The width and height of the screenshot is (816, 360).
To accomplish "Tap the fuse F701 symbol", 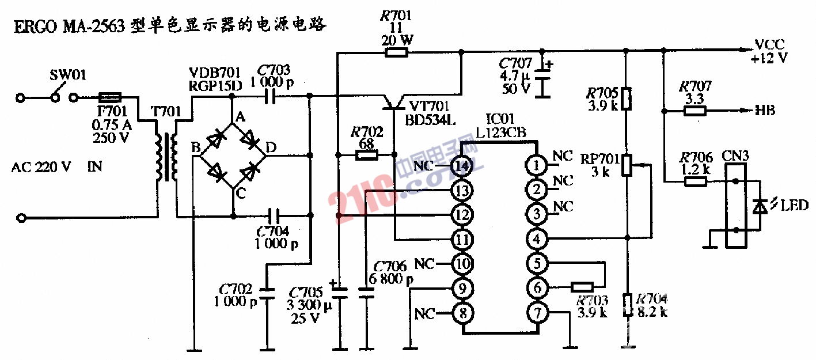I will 109,98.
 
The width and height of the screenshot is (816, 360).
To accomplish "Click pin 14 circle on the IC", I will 462,166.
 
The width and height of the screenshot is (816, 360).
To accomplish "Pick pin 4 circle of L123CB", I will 537,238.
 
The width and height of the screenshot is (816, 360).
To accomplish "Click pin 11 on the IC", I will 462,238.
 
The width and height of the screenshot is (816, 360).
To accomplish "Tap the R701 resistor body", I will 396,53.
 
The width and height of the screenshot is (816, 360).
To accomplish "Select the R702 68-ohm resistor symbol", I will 366,155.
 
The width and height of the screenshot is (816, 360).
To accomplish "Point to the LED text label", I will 795,206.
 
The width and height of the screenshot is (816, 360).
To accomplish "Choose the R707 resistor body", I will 695,111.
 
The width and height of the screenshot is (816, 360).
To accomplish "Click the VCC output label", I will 769,45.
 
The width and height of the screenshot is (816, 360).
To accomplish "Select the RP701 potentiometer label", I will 599,158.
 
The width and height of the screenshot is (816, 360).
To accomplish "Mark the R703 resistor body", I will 582,287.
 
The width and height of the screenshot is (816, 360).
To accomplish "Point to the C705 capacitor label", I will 306,292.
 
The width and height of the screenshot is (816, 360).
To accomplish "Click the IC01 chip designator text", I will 497,120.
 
